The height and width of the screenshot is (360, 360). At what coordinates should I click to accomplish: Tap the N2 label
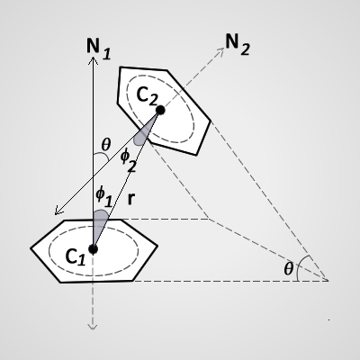pos(238,44)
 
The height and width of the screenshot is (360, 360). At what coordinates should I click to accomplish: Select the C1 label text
pos(76,257)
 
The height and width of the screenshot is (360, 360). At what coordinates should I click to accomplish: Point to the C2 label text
pos(147,95)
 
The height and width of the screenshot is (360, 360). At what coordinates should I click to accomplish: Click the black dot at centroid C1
pos(94,249)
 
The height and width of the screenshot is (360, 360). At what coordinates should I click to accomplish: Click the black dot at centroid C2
pos(160,110)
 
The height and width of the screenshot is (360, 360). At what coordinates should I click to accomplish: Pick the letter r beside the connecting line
pos(130,199)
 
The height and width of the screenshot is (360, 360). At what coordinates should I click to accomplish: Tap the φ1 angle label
pos(104,197)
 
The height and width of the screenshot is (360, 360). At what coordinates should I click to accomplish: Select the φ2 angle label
pos(129,160)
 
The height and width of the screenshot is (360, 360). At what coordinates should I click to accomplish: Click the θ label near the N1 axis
pos(106,145)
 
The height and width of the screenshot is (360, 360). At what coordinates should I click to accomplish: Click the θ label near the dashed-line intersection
pos(288,268)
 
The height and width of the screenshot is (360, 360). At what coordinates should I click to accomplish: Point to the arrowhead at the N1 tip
pos(94,61)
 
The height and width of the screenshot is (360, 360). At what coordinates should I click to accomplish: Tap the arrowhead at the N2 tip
pos(220,51)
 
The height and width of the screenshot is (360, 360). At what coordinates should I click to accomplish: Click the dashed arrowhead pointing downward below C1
pos(93,327)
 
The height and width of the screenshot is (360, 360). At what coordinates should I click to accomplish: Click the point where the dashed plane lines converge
pos(328,281)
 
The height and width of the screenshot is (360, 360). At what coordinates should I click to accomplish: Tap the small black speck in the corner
pos(329,320)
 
